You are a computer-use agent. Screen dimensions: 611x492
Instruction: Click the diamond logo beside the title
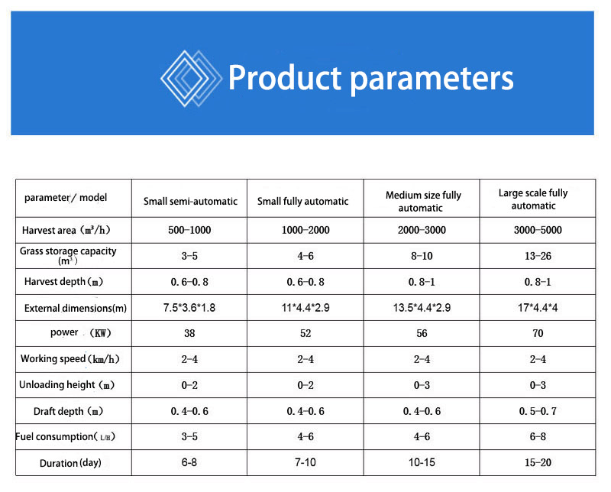click(191, 79)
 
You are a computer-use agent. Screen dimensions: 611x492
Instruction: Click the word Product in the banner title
click(285, 78)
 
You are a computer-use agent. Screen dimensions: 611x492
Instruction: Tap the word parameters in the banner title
click(432, 81)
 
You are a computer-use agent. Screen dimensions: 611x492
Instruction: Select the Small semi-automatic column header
click(190, 201)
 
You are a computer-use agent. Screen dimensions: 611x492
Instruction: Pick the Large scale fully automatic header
click(533, 199)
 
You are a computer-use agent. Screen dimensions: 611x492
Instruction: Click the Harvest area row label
click(66, 230)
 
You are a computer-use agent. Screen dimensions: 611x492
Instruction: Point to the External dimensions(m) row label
click(75, 308)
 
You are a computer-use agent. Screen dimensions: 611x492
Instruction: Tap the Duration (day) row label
click(70, 463)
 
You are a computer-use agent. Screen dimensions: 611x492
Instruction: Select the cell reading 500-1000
click(189, 230)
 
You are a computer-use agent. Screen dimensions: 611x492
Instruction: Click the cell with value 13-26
click(538, 256)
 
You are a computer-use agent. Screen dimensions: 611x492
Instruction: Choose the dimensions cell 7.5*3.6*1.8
click(189, 308)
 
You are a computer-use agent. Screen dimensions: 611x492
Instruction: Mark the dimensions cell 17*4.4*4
click(538, 308)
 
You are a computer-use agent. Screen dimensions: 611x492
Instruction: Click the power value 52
click(305, 333)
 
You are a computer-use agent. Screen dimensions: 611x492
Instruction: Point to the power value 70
click(538, 333)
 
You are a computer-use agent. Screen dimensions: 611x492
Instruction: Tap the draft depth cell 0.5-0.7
click(538, 411)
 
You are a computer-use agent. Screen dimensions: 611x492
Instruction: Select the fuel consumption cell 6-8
click(538, 437)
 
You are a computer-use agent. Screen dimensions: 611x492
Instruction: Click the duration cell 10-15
click(422, 462)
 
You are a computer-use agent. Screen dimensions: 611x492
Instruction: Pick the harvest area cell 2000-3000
click(422, 230)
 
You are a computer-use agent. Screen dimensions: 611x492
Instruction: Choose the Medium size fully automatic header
click(423, 201)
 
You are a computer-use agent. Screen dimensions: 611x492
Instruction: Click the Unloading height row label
click(66, 385)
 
